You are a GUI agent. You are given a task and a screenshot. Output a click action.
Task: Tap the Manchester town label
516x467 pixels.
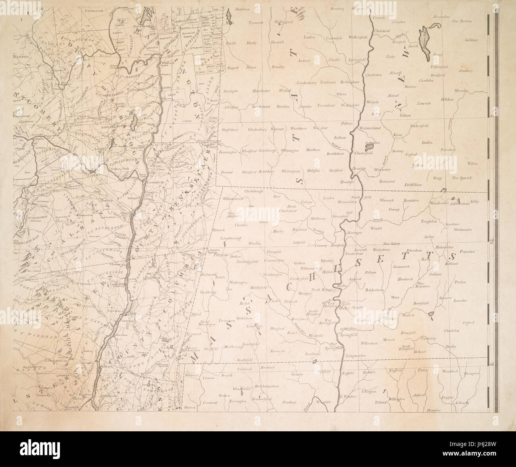coord(260,91)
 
